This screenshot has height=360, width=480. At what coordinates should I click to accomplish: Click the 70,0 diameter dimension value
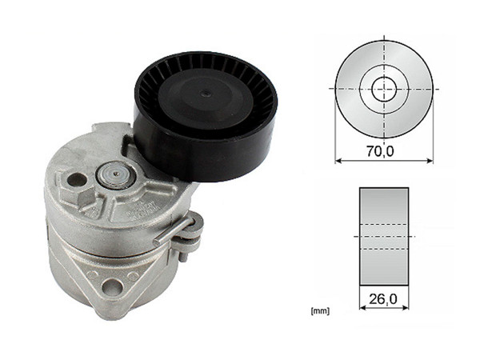coord(383,150)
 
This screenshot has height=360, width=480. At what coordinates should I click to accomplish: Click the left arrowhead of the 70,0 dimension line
coord(338,161)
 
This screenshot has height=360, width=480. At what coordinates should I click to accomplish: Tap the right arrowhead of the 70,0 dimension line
coord(430,161)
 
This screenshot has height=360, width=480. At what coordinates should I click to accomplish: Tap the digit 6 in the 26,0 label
coord(379,300)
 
